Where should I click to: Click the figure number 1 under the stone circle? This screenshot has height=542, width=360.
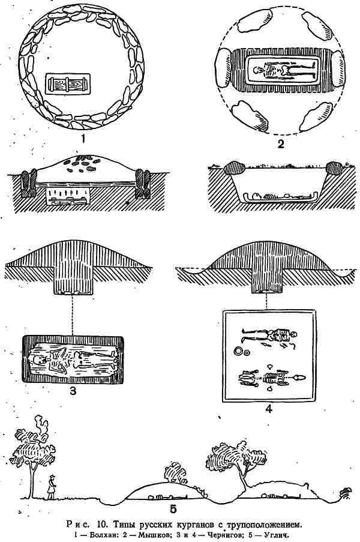coord(83,139)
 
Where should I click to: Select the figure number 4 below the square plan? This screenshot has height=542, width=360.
coord(268,409)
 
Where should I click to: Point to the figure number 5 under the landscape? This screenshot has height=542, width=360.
coord(173,509)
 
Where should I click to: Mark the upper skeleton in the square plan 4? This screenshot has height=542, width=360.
coord(269,335)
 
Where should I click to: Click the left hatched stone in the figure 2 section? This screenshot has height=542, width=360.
coord(234,168)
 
